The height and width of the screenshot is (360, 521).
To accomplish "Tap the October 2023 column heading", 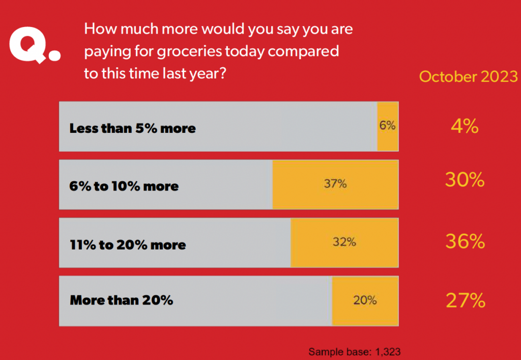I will (x=468, y=77).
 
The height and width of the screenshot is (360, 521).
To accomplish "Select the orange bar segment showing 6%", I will (x=388, y=126).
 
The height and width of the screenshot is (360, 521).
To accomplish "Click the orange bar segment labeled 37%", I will (x=335, y=184).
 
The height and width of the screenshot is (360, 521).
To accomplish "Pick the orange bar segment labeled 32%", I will (x=344, y=242).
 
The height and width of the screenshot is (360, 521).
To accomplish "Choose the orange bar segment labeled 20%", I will (x=365, y=300).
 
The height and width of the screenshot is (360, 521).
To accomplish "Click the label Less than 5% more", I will (x=133, y=128).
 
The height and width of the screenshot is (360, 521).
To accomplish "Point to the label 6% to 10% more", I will (x=124, y=186).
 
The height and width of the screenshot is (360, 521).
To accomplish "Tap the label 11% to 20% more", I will (x=128, y=245).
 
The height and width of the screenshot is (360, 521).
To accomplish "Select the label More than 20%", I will (x=122, y=300).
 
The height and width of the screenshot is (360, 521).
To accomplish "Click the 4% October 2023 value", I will (x=465, y=126).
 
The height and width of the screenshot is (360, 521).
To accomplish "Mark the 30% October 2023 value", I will (x=465, y=180).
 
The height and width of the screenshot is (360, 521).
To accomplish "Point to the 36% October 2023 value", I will (x=465, y=242).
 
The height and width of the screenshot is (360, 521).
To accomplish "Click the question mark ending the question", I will (x=223, y=73).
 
